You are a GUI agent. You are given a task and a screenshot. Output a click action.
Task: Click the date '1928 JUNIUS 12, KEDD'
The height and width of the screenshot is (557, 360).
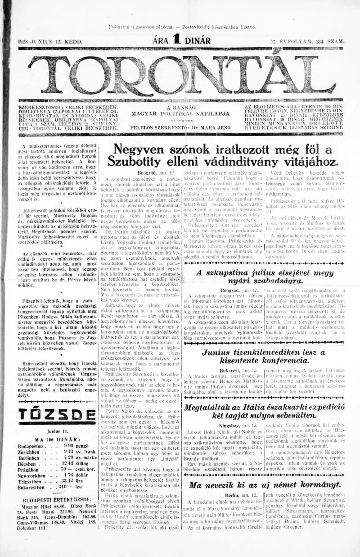coord(50,41)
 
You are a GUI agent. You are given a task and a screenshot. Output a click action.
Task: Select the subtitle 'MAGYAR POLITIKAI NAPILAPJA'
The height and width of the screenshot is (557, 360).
coord(181,114)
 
